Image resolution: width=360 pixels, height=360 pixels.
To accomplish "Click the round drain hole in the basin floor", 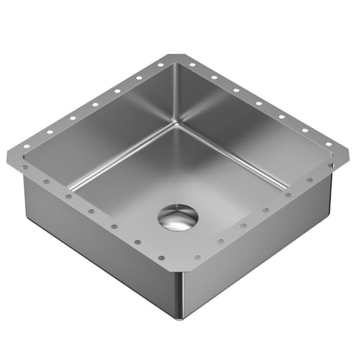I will point(178,217).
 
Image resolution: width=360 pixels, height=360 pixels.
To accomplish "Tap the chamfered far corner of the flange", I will point(175,56).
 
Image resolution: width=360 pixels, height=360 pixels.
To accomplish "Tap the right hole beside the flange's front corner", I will point(197,258).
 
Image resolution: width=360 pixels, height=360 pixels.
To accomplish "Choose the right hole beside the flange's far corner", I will point(192,65).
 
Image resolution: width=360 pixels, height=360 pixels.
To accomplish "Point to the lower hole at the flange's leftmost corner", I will point(25,167).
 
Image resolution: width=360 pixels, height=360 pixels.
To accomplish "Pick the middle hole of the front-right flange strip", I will point(265,210).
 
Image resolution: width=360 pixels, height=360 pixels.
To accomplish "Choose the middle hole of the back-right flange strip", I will point(259,103).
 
